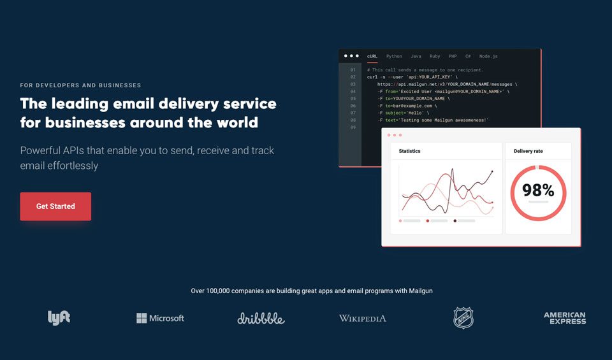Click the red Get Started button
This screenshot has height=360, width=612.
pyautogui.click(x=55, y=206)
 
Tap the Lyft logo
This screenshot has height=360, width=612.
pyautogui.click(x=59, y=317)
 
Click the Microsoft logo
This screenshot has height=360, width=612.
pyautogui.click(x=160, y=318)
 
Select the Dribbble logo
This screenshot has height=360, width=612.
pyautogui.click(x=261, y=318)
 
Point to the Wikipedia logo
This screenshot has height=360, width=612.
pyautogui.click(x=362, y=318)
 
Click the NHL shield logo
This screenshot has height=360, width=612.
pyautogui.click(x=463, y=317)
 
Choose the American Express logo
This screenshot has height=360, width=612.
pyautogui.click(x=564, y=318)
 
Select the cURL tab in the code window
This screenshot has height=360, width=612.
pyautogui.click(x=372, y=56)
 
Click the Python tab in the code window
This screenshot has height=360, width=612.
pyautogui.click(x=394, y=56)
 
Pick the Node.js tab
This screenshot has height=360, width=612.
pyautogui.click(x=488, y=56)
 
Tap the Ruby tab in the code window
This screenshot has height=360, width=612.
pyautogui.click(x=435, y=56)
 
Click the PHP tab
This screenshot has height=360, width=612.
pyautogui.click(x=453, y=56)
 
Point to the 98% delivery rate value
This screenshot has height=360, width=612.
pyautogui.click(x=538, y=190)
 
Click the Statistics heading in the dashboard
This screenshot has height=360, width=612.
pyautogui.click(x=409, y=151)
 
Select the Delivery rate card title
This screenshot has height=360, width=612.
pyautogui.click(x=528, y=151)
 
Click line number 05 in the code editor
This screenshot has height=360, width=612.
pyautogui.click(x=353, y=99)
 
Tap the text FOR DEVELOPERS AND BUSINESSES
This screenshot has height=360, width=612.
pyautogui.click(x=80, y=85)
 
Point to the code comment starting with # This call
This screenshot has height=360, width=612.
pyautogui.click(x=425, y=69)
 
